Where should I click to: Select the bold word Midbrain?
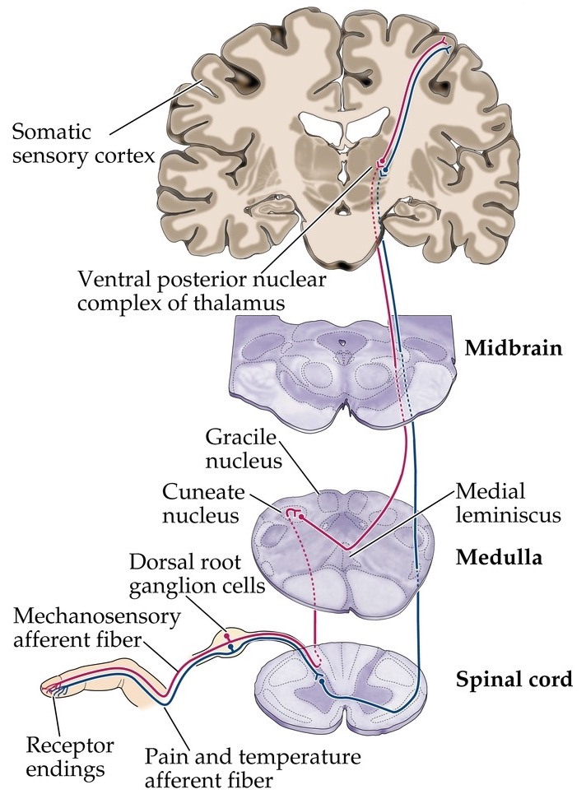pos(513,347)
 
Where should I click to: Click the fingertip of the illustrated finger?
pos(49,687)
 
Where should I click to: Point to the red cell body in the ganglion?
pos(226,636)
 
